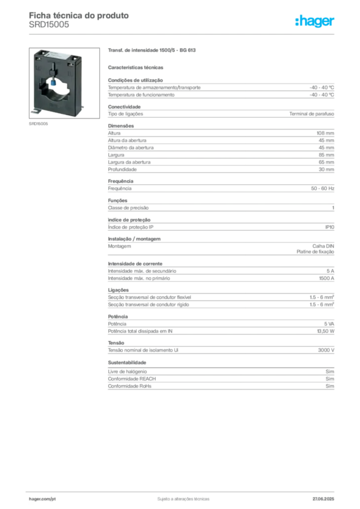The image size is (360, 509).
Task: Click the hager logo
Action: click(314, 21)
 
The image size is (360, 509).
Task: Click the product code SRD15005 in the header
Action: click(49, 25)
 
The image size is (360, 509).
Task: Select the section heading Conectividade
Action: click(124, 107)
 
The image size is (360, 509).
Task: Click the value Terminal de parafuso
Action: click(312, 114)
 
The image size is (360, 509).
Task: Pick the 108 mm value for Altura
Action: click(325, 133)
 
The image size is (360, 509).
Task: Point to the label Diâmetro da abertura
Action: click(131, 148)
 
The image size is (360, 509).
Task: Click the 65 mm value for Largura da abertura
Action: click(326, 162)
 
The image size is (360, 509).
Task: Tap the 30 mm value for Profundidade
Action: click(326, 170)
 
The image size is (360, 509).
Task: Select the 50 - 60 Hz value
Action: click(322, 188)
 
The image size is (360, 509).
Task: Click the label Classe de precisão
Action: click(128, 208)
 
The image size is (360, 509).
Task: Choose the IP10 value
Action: click(330, 227)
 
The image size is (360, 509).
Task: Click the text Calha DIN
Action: click(323, 246)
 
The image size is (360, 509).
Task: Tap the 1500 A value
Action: click(327, 278)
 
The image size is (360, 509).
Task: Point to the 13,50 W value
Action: click(326, 331)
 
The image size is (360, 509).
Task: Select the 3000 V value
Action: click(326, 350)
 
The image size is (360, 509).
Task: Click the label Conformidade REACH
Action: click(132, 379)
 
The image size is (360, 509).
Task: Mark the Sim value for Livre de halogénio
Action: click(330, 371)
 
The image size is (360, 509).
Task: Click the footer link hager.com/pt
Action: click(42, 499)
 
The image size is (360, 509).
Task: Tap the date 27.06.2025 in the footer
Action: click(323, 499)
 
